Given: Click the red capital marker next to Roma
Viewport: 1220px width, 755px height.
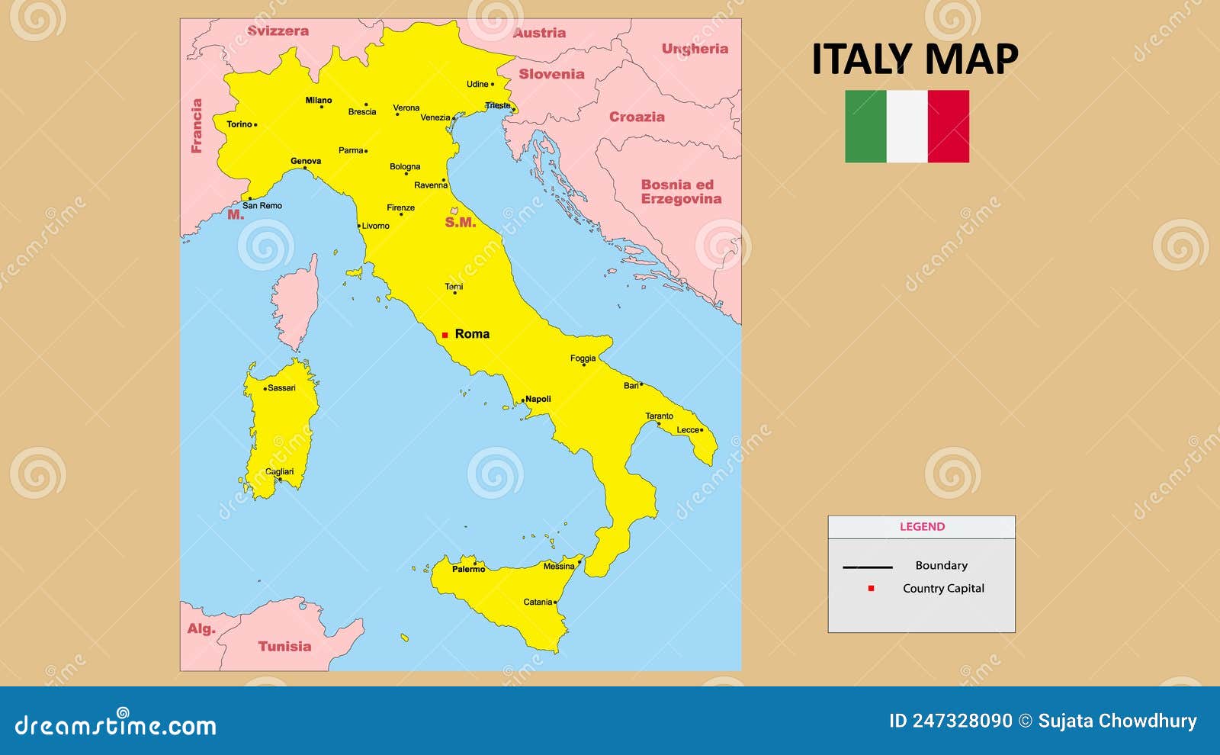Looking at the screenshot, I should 445,335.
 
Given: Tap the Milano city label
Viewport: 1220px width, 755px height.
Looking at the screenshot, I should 319,100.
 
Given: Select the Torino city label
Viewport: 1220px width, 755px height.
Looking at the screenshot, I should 239,124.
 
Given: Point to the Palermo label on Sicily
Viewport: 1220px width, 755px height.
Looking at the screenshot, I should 468,569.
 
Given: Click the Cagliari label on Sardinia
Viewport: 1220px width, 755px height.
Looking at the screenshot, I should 279,472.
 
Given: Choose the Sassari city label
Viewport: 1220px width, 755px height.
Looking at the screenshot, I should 281,388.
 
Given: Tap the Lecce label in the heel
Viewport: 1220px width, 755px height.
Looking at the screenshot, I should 688,430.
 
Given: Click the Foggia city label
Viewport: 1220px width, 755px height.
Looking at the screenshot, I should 583,358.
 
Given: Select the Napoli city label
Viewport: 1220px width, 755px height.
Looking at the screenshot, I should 538,399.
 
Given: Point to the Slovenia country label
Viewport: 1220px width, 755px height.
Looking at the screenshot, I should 551,74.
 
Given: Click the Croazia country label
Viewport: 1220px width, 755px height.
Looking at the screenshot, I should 637,117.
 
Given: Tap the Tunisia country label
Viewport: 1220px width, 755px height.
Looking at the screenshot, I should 284,646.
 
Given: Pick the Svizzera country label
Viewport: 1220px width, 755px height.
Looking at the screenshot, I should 278,31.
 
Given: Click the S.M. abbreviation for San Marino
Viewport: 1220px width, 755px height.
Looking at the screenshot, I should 461,223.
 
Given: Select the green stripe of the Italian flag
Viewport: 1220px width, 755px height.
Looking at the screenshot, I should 865,127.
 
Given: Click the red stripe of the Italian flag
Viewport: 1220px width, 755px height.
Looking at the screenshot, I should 949,127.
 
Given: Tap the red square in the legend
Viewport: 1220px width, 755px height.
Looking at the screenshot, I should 871,589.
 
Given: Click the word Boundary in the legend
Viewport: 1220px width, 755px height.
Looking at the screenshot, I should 941,565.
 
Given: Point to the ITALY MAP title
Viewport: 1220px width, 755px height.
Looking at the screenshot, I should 914,59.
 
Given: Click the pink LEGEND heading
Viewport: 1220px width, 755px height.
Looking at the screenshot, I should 922,526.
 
